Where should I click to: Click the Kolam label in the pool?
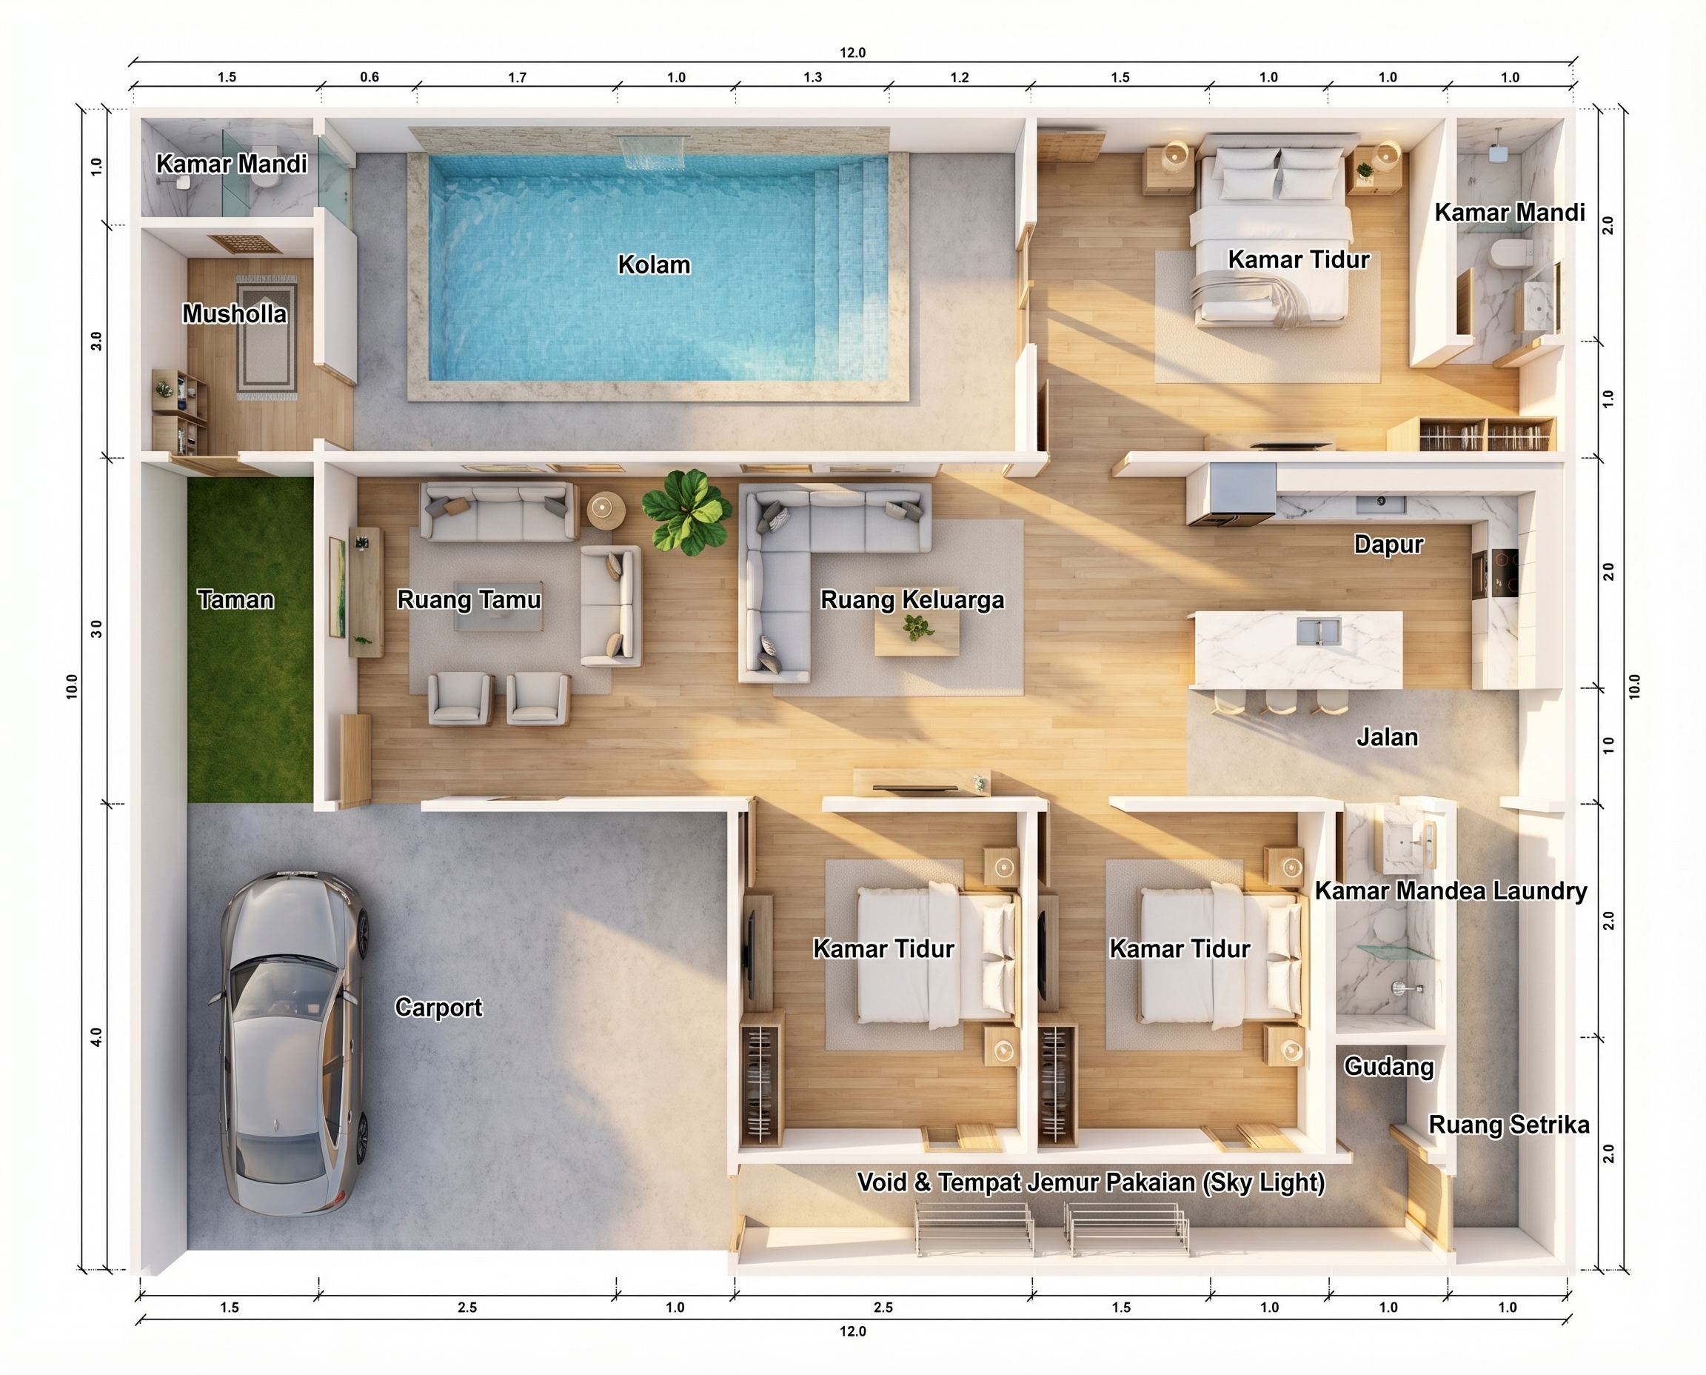tap(654, 264)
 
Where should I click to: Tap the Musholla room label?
tap(234, 313)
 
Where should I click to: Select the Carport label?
tap(438, 1007)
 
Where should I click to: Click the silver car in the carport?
tap(293, 1043)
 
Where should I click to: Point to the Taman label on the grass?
tap(235, 599)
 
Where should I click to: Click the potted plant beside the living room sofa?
tap(686, 512)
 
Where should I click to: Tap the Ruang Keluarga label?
tap(912, 600)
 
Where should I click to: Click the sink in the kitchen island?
tap(1318, 632)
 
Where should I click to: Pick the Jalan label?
tap(1387, 736)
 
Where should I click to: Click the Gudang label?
tap(1388, 1066)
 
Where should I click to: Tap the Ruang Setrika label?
tap(1509, 1125)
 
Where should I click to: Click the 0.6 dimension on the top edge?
tap(369, 77)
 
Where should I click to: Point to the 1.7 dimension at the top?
tap(517, 78)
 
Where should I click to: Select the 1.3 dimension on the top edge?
tap(813, 78)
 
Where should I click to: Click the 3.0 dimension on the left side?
tap(96, 629)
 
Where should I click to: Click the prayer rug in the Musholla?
tap(267, 337)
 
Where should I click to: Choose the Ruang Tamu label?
tap(469, 599)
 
